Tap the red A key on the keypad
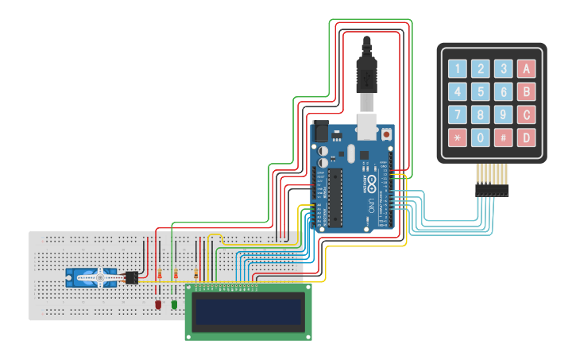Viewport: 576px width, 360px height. coord(525,69)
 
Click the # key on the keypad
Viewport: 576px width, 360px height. coord(503,137)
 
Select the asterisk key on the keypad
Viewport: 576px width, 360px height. coord(457,137)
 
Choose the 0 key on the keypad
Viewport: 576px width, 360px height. coord(480,137)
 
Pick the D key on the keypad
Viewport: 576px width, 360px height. coord(525,137)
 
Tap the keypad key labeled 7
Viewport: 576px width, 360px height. coord(457,114)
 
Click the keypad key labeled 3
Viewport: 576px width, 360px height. coord(503,69)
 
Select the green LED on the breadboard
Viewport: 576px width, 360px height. coord(174,304)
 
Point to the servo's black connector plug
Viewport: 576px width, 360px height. coord(132,277)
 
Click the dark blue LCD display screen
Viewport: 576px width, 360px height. coord(249,312)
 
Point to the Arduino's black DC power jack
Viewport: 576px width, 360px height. coord(321,128)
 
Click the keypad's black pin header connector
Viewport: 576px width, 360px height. coord(492,191)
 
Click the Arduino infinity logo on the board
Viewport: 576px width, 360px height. coord(371,182)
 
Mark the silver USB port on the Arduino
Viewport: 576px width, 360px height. coord(366,124)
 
